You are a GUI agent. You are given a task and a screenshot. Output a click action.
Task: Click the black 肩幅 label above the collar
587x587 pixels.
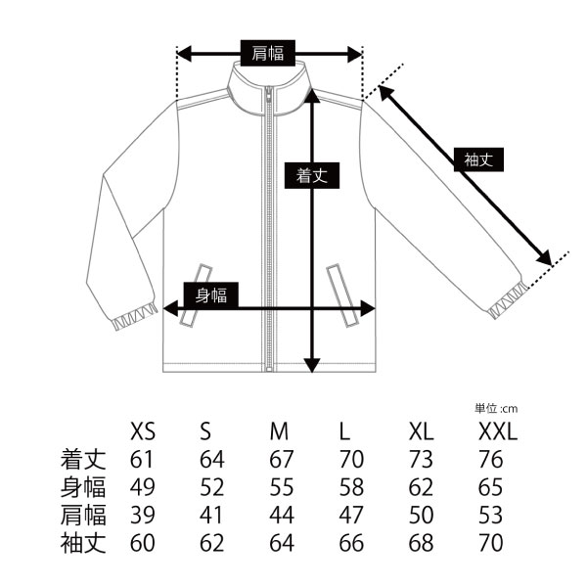pyautogui.click(x=268, y=53)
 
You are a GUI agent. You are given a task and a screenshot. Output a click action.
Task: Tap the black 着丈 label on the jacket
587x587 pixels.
pyautogui.click(x=312, y=175)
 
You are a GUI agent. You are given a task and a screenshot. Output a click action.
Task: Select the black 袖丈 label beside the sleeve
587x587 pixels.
pyautogui.click(x=478, y=159)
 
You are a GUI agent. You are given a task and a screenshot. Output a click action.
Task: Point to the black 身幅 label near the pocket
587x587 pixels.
pyautogui.click(x=211, y=295)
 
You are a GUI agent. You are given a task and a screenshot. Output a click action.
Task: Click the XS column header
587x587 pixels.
pyautogui.click(x=143, y=431)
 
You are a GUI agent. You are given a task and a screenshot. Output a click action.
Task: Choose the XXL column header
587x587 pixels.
pyautogui.click(x=498, y=431)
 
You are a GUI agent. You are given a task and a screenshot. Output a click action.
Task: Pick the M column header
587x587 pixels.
pyautogui.click(x=279, y=431)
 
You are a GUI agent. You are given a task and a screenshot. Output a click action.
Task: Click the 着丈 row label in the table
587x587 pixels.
pyautogui.click(x=83, y=460)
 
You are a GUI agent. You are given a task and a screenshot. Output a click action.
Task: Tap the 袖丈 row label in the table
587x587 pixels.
pyautogui.click(x=83, y=543)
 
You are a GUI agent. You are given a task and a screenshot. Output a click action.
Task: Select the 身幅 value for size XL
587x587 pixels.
pyautogui.click(x=421, y=487)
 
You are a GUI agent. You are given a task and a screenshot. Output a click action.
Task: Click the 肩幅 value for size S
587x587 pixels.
pyautogui.click(x=211, y=516)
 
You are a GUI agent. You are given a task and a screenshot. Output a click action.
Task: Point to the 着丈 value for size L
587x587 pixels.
pyautogui.click(x=351, y=460)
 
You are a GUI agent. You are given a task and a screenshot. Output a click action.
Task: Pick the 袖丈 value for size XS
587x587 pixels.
pyautogui.click(x=142, y=543)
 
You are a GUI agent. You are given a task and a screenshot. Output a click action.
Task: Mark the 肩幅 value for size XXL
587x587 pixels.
pyautogui.click(x=490, y=516)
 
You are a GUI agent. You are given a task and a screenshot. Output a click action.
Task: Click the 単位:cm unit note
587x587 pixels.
pyautogui.click(x=496, y=408)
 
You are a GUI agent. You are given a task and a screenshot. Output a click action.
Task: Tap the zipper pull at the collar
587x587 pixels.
pyautogui.click(x=268, y=96)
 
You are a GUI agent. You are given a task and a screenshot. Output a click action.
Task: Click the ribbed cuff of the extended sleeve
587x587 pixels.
pyautogui.click(x=508, y=300)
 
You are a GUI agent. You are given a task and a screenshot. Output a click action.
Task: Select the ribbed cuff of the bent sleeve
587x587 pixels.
pyautogui.click(x=135, y=317)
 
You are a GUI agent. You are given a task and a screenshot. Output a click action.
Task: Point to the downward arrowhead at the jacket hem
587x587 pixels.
pyautogui.click(x=312, y=365)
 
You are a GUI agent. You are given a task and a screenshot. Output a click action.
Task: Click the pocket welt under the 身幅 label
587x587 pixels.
pyautogui.click(x=196, y=294)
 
